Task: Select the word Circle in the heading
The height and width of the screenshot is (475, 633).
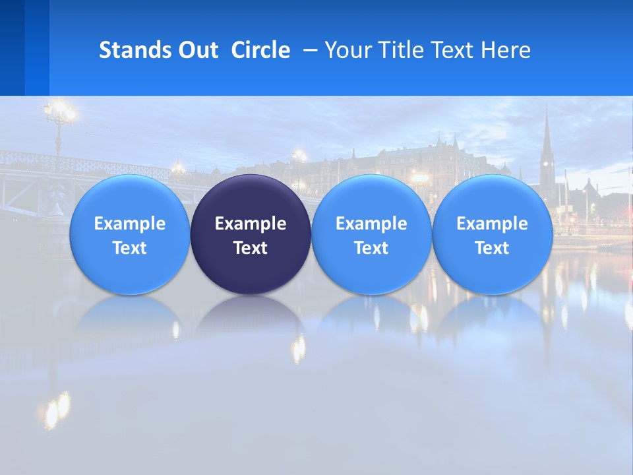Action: [x=260, y=50]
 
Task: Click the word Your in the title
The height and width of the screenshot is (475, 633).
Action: [x=347, y=50]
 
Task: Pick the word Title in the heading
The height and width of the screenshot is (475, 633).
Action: [x=400, y=50]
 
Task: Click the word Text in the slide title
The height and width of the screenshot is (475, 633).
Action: [x=452, y=50]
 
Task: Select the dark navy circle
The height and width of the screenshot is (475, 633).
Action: [x=251, y=234]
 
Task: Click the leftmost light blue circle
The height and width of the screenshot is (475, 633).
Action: [x=129, y=234]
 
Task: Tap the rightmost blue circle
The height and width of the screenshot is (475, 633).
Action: [x=493, y=234]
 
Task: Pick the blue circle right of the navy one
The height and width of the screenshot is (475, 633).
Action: [x=371, y=234]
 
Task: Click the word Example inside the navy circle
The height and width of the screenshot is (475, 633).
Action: [x=251, y=224]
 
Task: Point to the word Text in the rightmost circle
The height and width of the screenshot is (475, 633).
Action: [x=493, y=248]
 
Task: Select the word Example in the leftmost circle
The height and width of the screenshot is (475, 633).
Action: [x=129, y=224]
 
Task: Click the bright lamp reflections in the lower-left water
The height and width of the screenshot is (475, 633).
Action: [x=57, y=406]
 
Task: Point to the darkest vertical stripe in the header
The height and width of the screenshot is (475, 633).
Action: [x=12, y=47]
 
